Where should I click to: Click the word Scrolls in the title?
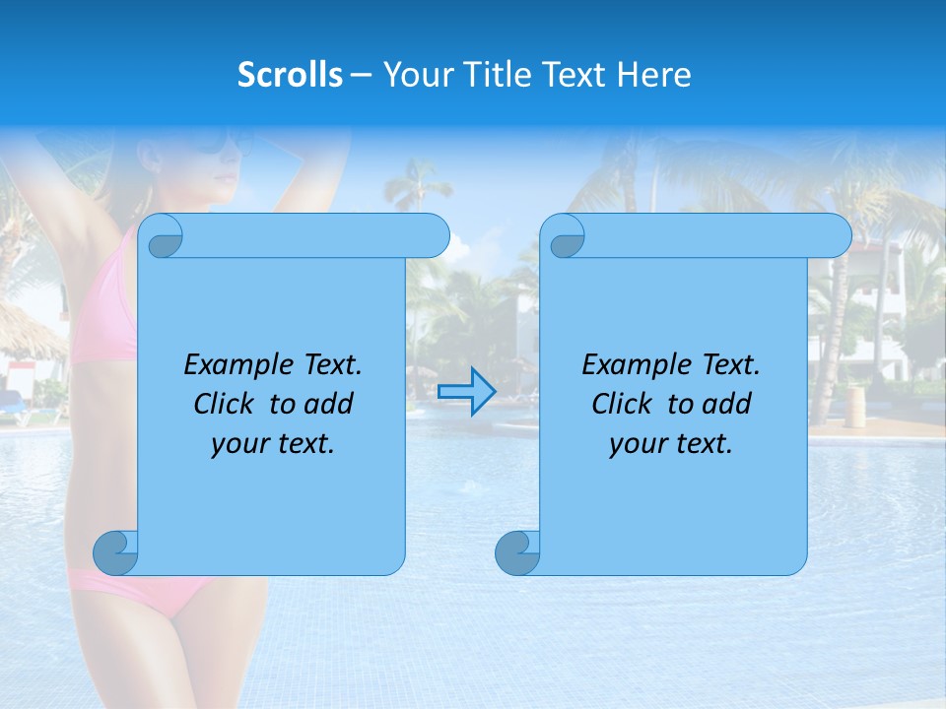(x=290, y=75)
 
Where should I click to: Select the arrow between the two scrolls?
(x=466, y=391)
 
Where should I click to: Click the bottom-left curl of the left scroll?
(x=115, y=552)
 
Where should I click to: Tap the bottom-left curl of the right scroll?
(x=517, y=552)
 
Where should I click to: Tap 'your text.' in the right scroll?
(x=671, y=444)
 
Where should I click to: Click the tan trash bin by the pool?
(x=854, y=406)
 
